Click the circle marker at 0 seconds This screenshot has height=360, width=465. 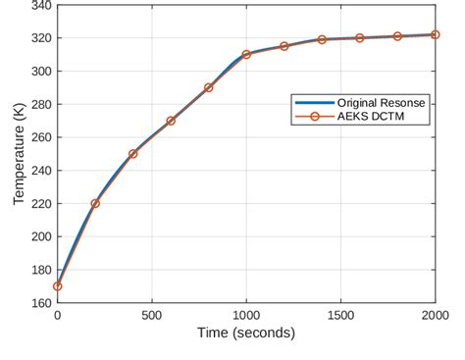click(x=58, y=286)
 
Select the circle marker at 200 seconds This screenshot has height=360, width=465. click(x=95, y=203)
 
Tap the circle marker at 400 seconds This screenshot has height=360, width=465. click(x=133, y=154)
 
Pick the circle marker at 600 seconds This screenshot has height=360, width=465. click(x=171, y=121)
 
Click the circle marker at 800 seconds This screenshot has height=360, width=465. click(x=209, y=87)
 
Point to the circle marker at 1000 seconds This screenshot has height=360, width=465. click(x=246, y=54)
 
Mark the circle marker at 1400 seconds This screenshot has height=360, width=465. click(x=322, y=39)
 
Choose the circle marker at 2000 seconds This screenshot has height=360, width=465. click(x=436, y=34)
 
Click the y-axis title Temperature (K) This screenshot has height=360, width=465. click(x=19, y=154)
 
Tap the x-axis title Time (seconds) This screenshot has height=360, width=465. click(x=246, y=334)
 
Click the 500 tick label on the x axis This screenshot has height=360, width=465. click(x=152, y=315)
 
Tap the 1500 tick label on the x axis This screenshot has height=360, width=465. click(x=340, y=315)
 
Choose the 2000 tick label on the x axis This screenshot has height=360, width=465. click(x=435, y=315)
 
